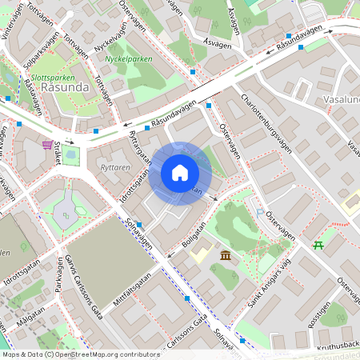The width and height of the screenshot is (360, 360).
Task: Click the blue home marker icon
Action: pyautogui.click(x=180, y=173)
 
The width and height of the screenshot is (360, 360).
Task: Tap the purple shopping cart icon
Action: pyautogui.click(x=48, y=145)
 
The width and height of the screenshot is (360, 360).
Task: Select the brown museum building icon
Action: pyautogui.click(x=226, y=254)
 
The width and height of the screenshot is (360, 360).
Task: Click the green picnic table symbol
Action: pyautogui.click(x=318, y=244)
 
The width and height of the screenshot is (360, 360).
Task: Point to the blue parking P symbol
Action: pyautogui.click(x=260, y=211)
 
